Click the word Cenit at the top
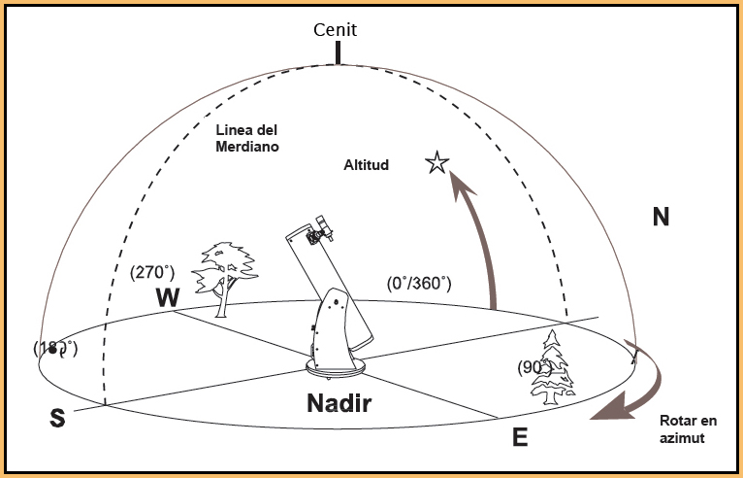(337, 29)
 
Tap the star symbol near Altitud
(436, 163)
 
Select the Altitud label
(366, 165)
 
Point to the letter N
(661, 218)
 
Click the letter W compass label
(168, 298)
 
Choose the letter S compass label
(58, 419)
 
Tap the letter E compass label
(520, 437)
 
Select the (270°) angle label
(152, 273)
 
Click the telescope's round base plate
(335, 367)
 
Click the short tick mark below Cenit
(338, 51)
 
